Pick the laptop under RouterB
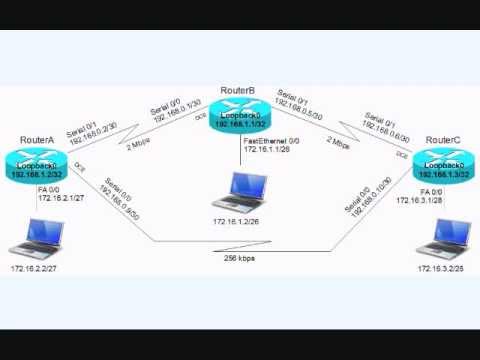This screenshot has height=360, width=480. (x=239, y=191)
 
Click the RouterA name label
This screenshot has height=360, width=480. (x=36, y=139)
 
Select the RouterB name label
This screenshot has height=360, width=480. (x=238, y=91)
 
